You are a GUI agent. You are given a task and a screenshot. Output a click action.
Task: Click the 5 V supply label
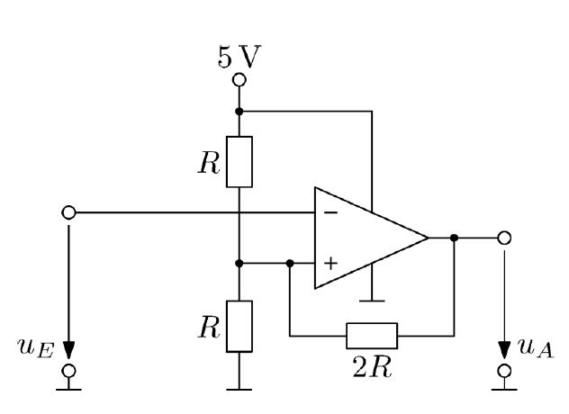pyautogui.click(x=239, y=57)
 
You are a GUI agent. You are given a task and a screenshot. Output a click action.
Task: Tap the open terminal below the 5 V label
pyautogui.click(x=239, y=80)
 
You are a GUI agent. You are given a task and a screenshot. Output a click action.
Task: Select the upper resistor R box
pyautogui.click(x=239, y=162)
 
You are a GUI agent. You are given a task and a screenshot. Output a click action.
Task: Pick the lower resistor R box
pyautogui.click(x=239, y=326)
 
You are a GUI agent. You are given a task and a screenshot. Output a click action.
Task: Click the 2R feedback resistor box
pyautogui.click(x=372, y=336)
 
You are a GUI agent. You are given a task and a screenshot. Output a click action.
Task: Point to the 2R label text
pyautogui.click(x=372, y=368)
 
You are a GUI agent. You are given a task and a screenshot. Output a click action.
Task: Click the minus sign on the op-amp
pyautogui.click(x=330, y=212)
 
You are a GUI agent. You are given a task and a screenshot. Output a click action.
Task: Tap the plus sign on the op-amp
pyautogui.click(x=330, y=264)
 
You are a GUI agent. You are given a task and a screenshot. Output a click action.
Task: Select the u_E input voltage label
pyautogui.click(x=36, y=348)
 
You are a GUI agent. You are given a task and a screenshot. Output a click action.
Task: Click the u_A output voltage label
pyautogui.click(x=537, y=348)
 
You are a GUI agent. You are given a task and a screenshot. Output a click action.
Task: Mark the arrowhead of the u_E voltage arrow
pyautogui.click(x=69, y=350)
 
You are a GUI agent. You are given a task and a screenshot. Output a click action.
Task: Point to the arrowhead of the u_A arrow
pyautogui.click(x=504, y=350)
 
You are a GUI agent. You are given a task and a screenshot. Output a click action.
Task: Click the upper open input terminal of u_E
pyautogui.click(x=69, y=212)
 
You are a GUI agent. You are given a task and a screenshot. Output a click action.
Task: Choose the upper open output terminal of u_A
pyautogui.click(x=504, y=238)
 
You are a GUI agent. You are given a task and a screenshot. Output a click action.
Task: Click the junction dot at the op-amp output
pyautogui.click(x=454, y=238)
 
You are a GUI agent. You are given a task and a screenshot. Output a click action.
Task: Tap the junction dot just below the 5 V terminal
pyautogui.click(x=239, y=112)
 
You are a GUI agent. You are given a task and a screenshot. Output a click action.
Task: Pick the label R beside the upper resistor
pyautogui.click(x=209, y=163)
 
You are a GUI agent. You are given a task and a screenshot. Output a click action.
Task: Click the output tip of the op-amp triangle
pyautogui.click(x=429, y=238)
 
